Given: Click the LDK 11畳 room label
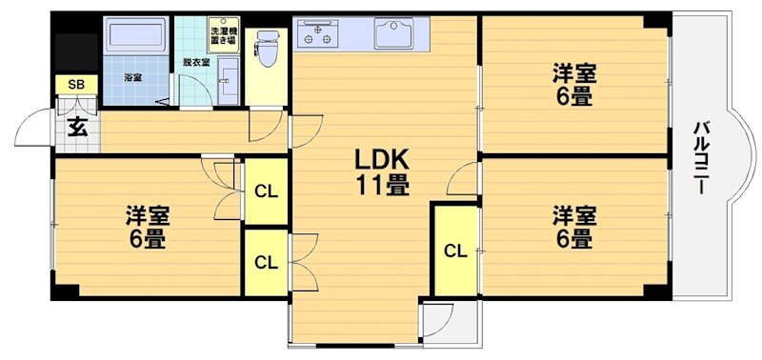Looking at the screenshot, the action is pyautogui.click(x=383, y=171).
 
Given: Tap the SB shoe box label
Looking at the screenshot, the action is pyautogui.click(x=76, y=85).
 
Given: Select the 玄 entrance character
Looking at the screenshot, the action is pyautogui.click(x=77, y=128).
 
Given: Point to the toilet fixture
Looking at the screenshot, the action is pyautogui.click(x=267, y=50).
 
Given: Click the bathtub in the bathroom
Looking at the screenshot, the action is pyautogui.click(x=135, y=36).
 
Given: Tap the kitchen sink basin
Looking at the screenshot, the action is pyautogui.click(x=393, y=33).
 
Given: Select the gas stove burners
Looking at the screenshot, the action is pyautogui.click(x=317, y=34).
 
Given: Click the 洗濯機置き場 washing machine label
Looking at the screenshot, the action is pyautogui.click(x=224, y=34).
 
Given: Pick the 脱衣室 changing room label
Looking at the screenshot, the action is pyautogui.click(x=196, y=63).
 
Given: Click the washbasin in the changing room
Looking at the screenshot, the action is pyautogui.click(x=228, y=81).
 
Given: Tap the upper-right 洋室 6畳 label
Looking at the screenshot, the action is pyautogui.click(x=574, y=86).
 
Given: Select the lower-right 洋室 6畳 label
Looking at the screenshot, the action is pyautogui.click(x=574, y=228).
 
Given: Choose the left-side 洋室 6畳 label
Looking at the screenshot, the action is pyautogui.click(x=148, y=228).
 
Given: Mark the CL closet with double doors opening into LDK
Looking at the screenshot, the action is pyautogui.click(x=267, y=263).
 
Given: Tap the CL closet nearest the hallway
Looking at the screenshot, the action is pyautogui.click(x=267, y=191).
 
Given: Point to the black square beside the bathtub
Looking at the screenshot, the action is pyautogui.click(x=76, y=52).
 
